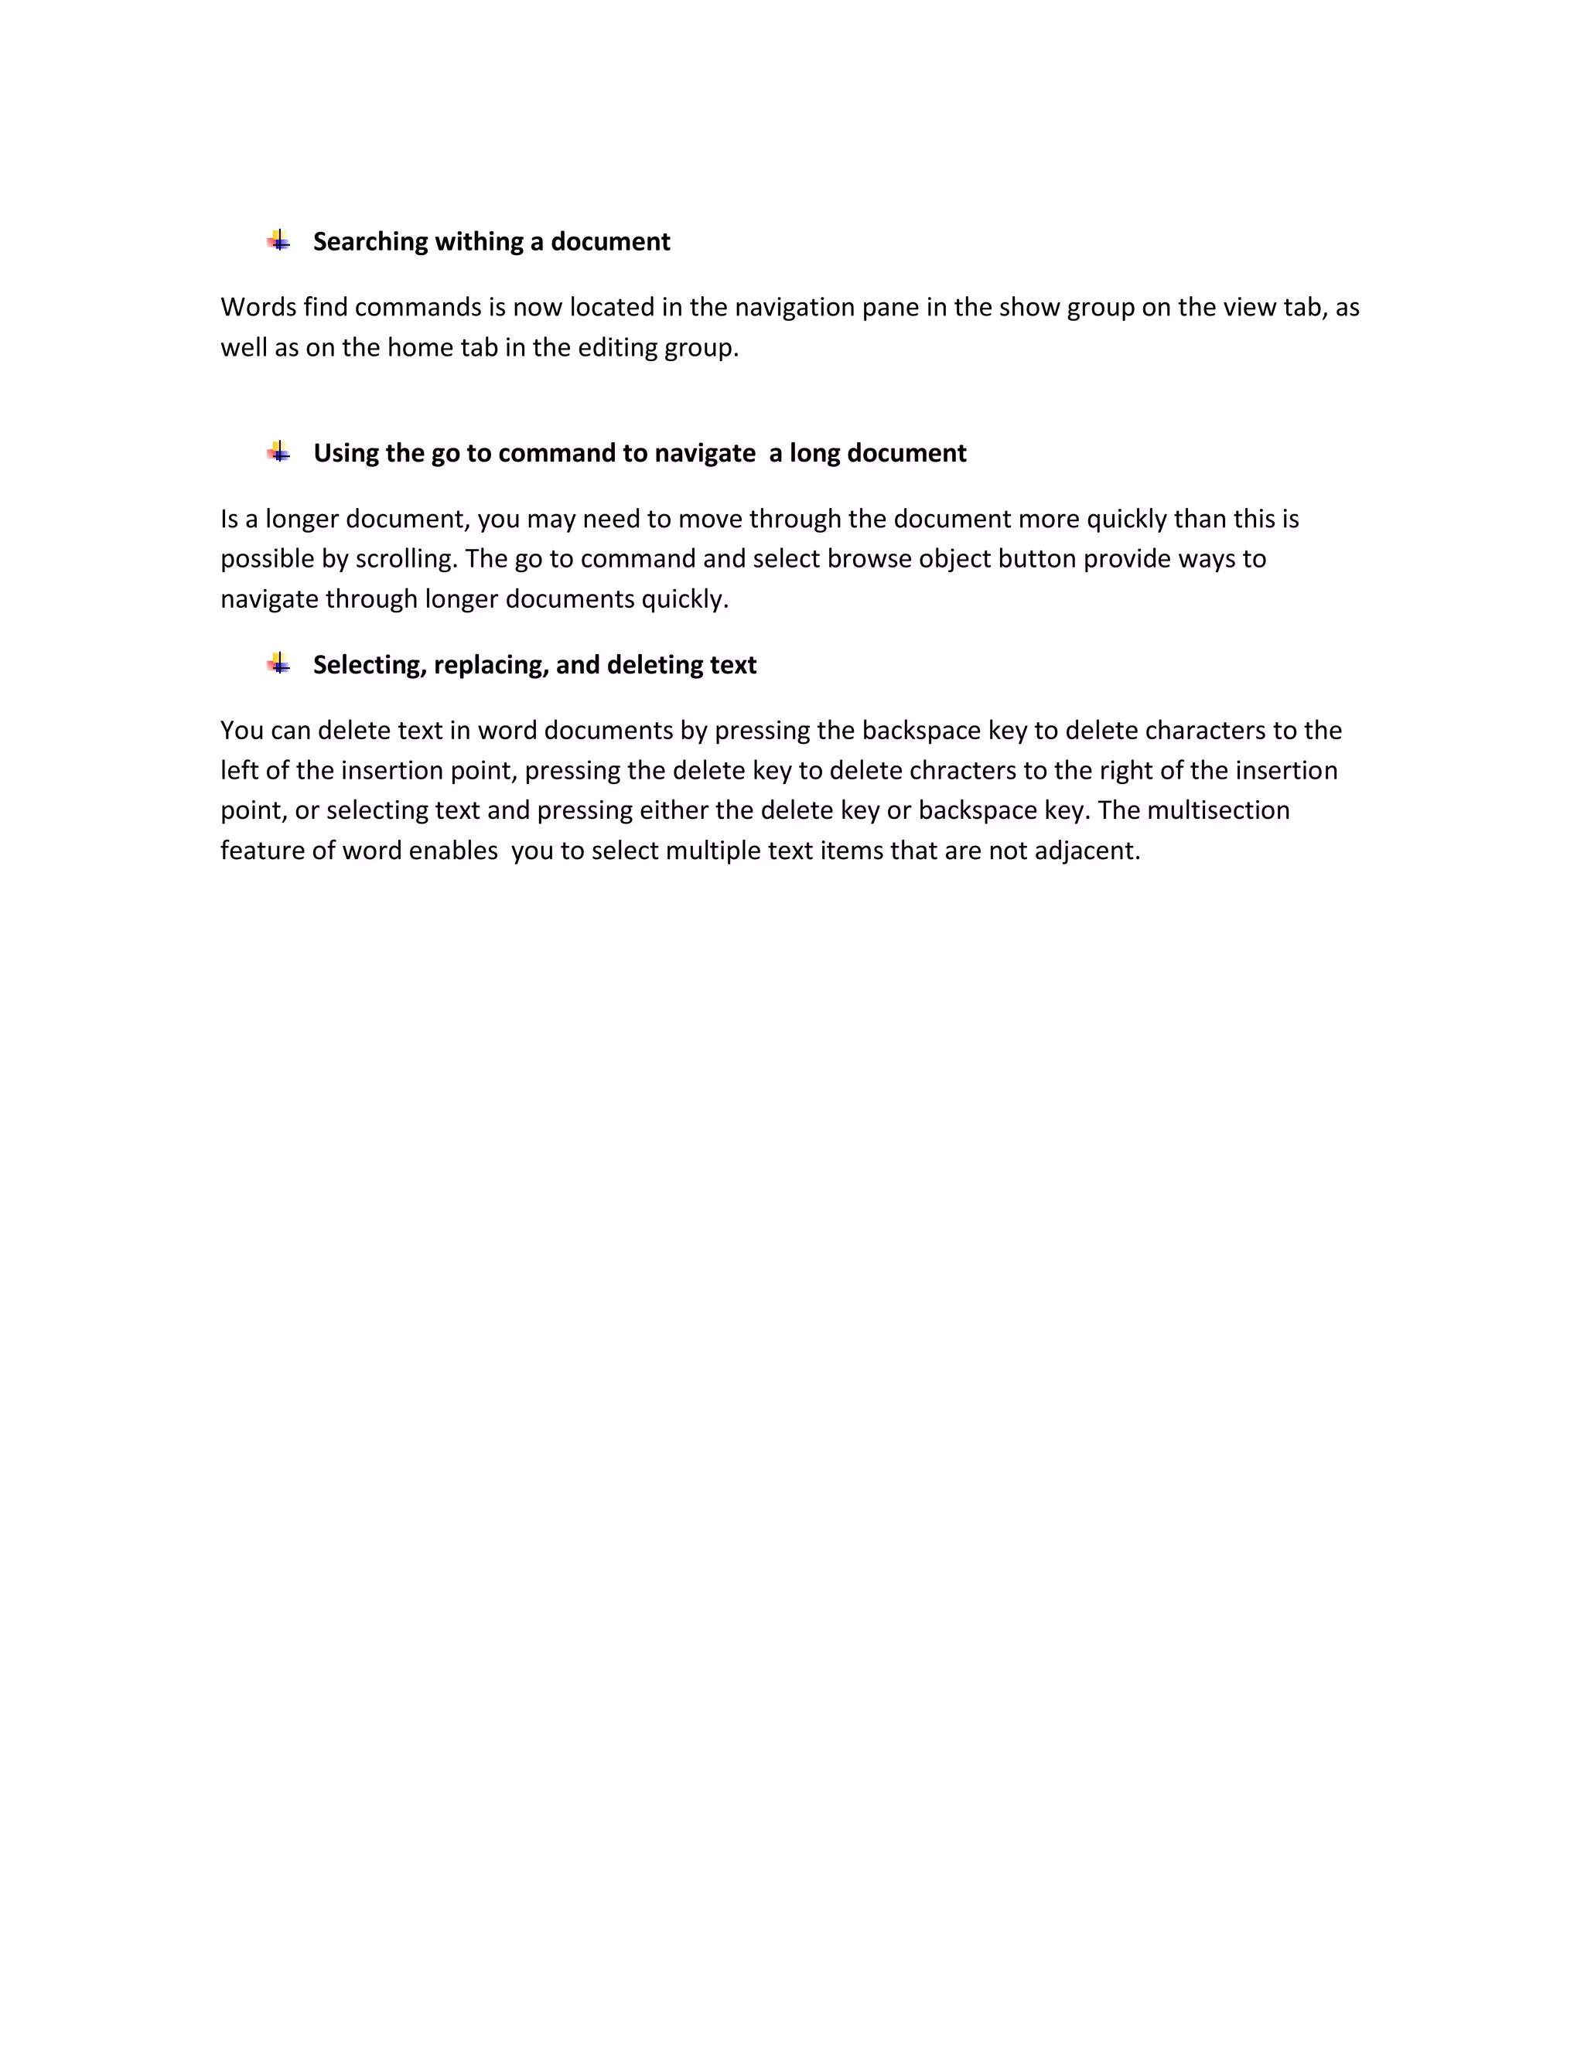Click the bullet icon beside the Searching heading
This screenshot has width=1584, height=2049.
(x=278, y=241)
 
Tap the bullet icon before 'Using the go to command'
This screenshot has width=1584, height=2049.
(x=278, y=452)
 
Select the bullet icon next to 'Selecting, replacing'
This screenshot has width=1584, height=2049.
(x=278, y=664)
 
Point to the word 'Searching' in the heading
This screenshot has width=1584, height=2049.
(x=370, y=242)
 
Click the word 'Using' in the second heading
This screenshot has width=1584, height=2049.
(x=345, y=453)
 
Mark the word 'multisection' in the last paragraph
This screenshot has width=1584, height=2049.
(x=1218, y=810)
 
